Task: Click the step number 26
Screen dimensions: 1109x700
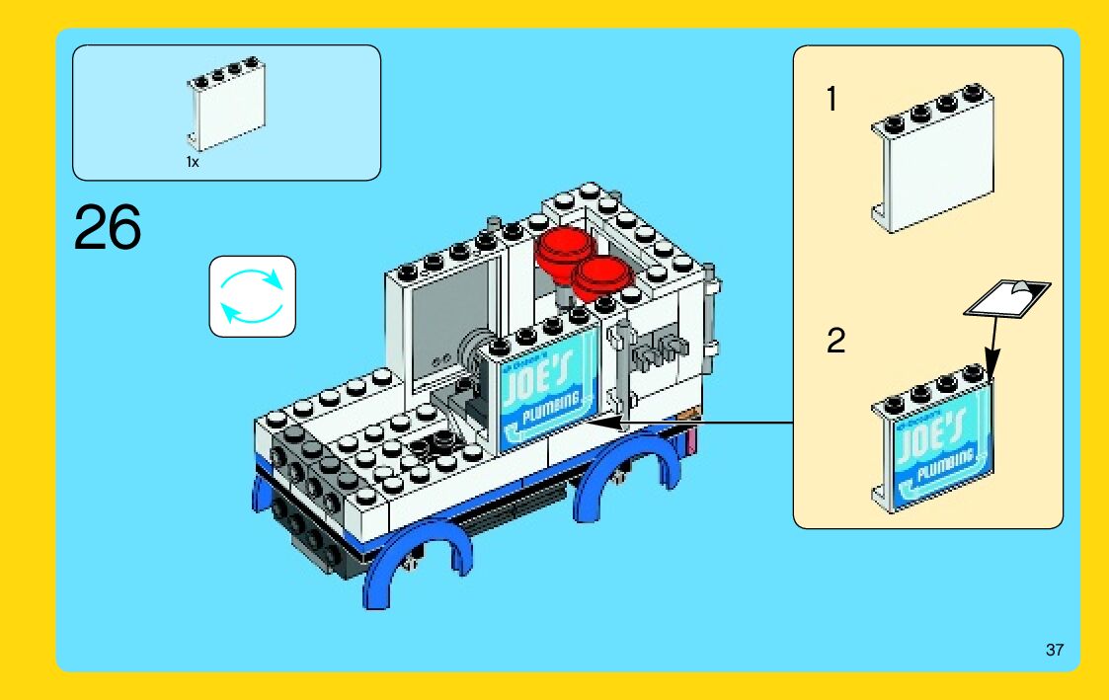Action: (107, 229)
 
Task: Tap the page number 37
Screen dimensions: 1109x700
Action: (1055, 651)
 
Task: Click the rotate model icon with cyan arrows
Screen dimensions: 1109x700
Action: (252, 296)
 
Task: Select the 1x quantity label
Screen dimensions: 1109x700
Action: (193, 162)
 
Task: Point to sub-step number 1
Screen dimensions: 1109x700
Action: (832, 100)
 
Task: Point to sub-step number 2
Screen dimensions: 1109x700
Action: (835, 342)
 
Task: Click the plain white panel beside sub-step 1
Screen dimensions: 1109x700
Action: (932, 168)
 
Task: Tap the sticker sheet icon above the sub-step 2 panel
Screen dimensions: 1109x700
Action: (1005, 297)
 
